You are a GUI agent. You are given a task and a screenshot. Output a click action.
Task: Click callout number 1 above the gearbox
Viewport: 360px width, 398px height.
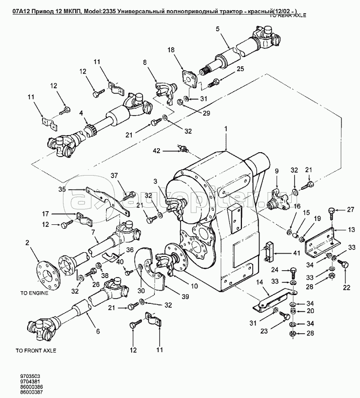226,129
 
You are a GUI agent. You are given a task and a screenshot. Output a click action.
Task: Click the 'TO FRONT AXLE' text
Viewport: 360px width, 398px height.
36,350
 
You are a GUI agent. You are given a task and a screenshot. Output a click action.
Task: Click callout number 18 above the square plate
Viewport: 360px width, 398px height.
171,50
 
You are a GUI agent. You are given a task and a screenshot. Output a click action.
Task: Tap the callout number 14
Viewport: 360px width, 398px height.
259,281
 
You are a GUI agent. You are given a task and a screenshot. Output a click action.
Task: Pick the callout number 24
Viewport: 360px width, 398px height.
275,269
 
